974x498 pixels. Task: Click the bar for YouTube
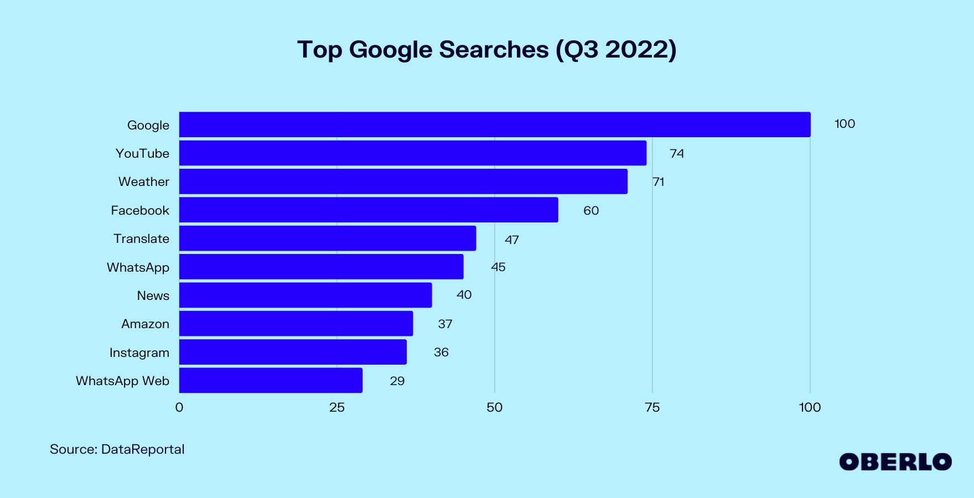[x=412, y=153]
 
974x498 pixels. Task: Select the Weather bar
[x=403, y=181]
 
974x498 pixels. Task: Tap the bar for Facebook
[x=369, y=210]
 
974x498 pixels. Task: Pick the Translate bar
[x=328, y=238]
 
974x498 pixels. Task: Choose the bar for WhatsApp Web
[x=271, y=381]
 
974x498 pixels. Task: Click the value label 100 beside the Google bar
[x=845, y=124]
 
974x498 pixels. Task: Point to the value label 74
[x=676, y=153]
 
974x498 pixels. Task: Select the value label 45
[x=498, y=267]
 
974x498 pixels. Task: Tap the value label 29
[x=397, y=381]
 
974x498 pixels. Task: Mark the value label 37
[x=445, y=324]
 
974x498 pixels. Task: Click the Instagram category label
[x=139, y=352]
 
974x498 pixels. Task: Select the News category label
[x=153, y=295]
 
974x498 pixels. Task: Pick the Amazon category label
[x=146, y=324]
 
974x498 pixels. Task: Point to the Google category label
[x=148, y=125]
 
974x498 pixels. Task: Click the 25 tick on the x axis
[x=336, y=408]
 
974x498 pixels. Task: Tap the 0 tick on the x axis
[x=179, y=408]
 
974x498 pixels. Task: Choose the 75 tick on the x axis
[x=652, y=408]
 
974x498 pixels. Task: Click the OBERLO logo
[x=895, y=462]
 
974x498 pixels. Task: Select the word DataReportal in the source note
[x=143, y=449]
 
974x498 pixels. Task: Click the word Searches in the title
[x=494, y=50]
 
